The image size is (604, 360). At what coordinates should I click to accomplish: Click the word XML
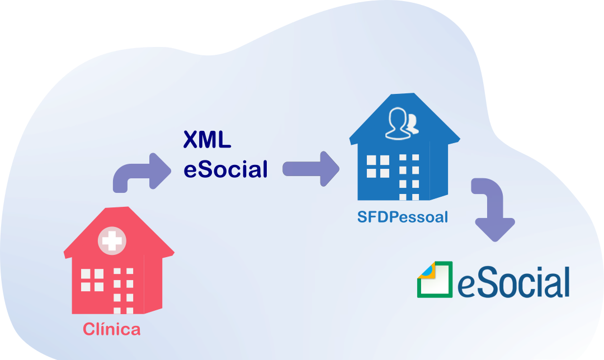(x=207, y=140)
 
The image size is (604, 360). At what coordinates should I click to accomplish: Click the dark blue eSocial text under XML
(x=225, y=169)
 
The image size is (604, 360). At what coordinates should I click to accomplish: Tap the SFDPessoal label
(x=403, y=217)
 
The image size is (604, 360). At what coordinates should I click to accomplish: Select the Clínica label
(x=112, y=329)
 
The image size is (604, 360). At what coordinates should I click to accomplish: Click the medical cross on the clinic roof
(x=112, y=241)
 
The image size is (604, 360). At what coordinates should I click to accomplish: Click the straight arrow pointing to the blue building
(x=311, y=168)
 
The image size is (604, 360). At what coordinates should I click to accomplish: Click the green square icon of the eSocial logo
(x=435, y=280)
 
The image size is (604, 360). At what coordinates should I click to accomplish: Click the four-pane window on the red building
(x=92, y=280)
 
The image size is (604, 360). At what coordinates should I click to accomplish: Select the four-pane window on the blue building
(x=377, y=166)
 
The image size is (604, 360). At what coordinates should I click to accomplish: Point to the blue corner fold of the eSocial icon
(x=426, y=270)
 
